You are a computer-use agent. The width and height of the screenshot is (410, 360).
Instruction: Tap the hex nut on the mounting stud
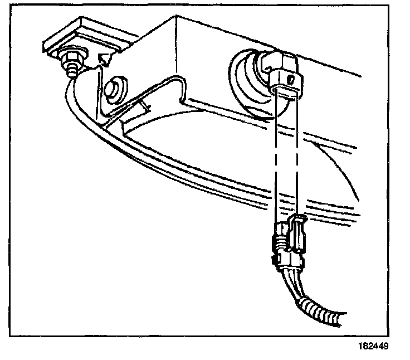coord(72,57)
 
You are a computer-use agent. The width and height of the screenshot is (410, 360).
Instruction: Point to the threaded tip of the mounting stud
coord(71,73)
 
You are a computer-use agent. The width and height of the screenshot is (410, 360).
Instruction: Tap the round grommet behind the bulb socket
coord(245,78)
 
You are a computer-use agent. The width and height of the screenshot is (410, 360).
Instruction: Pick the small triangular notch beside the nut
coord(104,55)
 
